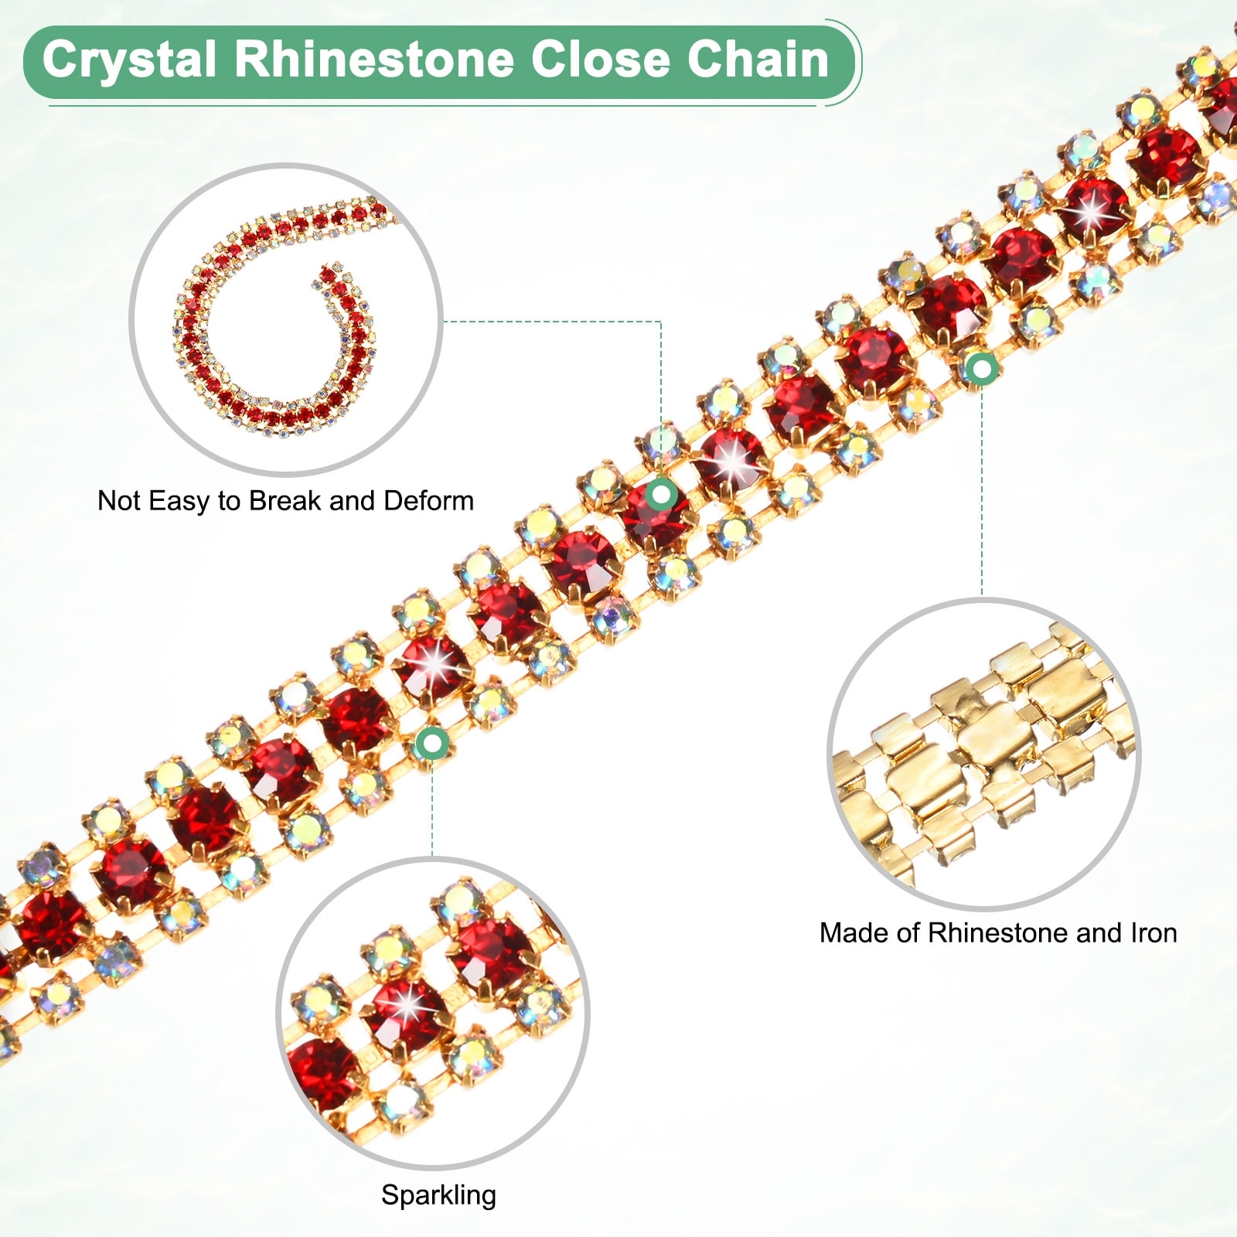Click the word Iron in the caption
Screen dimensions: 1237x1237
point(1154,933)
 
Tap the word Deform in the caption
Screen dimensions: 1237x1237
point(428,501)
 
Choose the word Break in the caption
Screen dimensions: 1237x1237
point(285,501)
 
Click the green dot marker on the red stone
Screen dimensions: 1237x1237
point(662,493)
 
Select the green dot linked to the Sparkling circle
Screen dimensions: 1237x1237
point(432,744)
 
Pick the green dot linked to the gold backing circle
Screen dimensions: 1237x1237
point(982,370)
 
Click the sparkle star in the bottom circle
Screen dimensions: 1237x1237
point(407,1006)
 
